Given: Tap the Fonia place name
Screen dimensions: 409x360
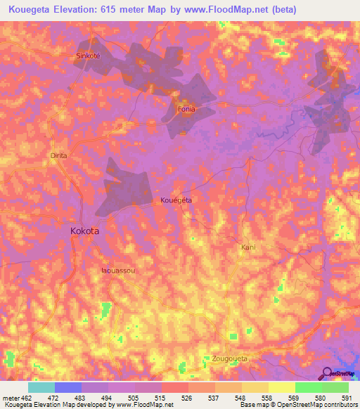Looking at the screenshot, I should click(186, 109).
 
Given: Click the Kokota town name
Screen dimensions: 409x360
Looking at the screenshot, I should click(85, 231).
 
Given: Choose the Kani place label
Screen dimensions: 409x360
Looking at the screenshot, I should click(247, 247).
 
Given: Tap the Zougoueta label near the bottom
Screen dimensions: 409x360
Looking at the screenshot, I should click(230, 358).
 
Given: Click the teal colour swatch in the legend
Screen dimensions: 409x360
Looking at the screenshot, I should click(41, 388).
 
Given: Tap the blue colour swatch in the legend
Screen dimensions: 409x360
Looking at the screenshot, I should click(68, 388).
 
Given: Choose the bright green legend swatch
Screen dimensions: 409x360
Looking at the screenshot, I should click(309, 388).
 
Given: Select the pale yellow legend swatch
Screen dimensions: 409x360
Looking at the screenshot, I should click(282, 388).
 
